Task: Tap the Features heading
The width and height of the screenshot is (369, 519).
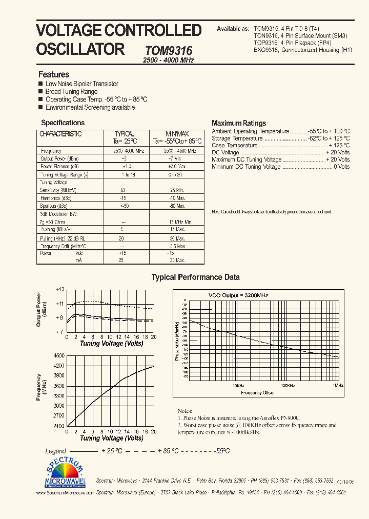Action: pyautogui.click(x=54, y=74)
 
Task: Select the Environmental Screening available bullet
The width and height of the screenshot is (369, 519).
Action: pyautogui.click(x=90, y=108)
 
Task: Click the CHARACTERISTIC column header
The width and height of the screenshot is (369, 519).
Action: pyautogui.click(x=60, y=134)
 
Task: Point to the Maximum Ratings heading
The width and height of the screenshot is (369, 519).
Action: pyautogui.click(x=239, y=123)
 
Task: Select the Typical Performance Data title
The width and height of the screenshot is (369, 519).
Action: pyautogui.click(x=195, y=277)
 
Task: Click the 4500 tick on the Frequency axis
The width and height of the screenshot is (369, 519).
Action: pyautogui.click(x=58, y=355)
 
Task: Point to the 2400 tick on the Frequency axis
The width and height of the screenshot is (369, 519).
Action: pyautogui.click(x=58, y=426)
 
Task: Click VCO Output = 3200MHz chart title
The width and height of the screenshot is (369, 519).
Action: pyautogui.click(x=238, y=295)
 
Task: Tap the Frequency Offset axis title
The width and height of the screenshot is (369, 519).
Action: pyautogui.click(x=257, y=392)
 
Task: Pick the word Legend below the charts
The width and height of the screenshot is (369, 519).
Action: pyautogui.click(x=56, y=451)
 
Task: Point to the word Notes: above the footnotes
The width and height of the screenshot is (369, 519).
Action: pyautogui.click(x=184, y=411)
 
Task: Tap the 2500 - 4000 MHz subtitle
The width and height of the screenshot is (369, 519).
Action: pyautogui.click(x=168, y=60)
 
